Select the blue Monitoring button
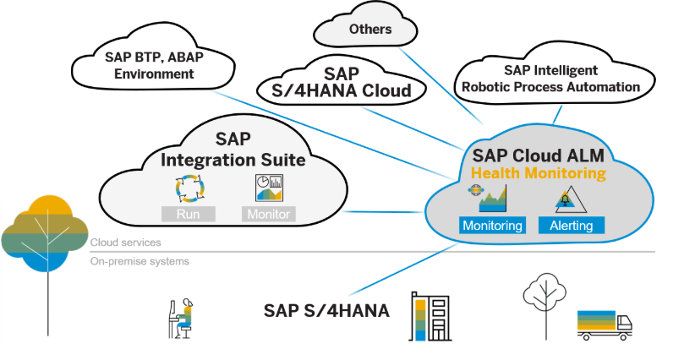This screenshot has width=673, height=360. tap(492, 226)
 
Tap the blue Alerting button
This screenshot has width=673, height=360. tap(572, 226)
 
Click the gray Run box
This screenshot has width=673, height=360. tap(188, 214)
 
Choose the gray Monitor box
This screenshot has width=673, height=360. tap(268, 214)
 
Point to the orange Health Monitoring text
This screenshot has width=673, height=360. tap(539, 173)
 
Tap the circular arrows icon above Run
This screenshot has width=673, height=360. tap(187, 188)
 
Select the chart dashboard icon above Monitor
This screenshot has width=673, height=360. tap(268, 188)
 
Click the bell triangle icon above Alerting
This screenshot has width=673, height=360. tap(565, 200)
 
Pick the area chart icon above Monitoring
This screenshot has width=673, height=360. tap(492, 199)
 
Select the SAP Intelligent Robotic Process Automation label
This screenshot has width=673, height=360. tap(550, 78)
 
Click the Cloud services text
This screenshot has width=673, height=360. tap(126, 243)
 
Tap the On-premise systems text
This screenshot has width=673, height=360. tap(140, 262)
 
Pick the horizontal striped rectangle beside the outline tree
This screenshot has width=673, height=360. tap(596, 320)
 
